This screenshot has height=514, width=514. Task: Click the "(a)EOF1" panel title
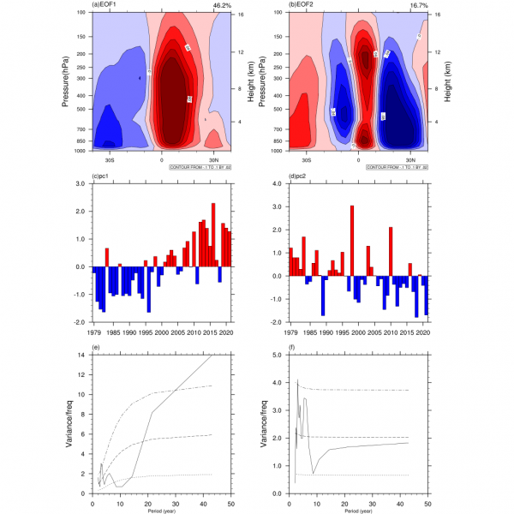106,5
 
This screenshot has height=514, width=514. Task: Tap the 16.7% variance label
418,5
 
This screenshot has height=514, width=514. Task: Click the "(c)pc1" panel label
103,177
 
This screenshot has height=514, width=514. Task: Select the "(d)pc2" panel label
299,177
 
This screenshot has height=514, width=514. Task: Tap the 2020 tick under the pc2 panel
421,332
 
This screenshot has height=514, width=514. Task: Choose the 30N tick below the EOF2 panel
410,159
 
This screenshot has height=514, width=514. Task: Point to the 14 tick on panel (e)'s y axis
83,355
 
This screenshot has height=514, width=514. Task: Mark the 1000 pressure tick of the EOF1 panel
80,151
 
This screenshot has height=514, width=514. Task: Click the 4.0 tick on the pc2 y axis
278,183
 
